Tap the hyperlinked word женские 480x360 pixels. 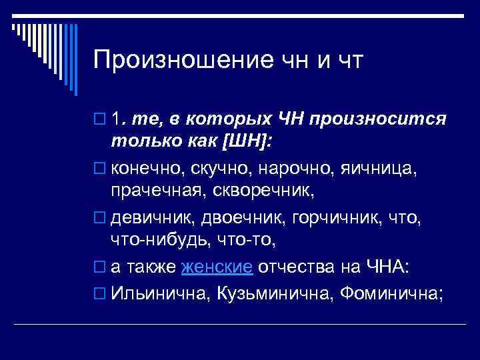[217, 267]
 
